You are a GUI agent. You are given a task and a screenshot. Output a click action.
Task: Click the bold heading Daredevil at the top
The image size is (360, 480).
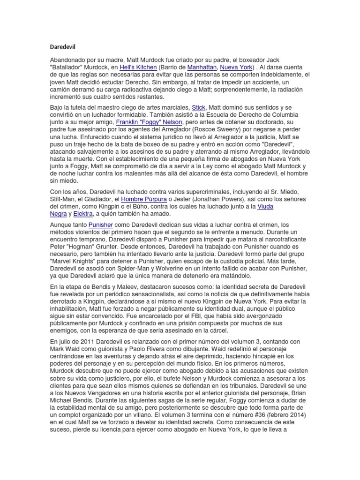point(62,47)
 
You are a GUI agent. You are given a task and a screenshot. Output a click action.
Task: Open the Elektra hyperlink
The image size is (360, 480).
point(83,214)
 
